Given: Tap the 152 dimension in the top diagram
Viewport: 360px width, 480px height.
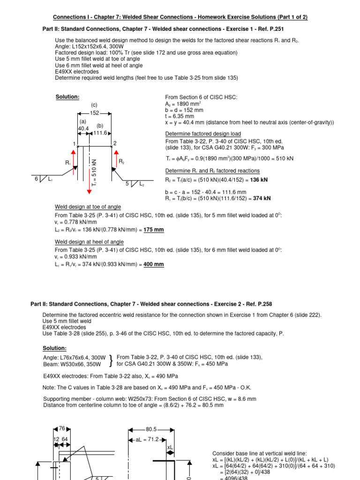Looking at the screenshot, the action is (94, 112).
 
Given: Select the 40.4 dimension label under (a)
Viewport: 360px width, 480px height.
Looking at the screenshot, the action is (83, 128).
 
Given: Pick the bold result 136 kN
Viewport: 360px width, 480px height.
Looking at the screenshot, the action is (261, 180).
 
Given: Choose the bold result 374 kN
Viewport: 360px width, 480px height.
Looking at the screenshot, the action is (262, 198).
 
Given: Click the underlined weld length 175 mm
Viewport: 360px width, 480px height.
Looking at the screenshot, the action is (154, 230).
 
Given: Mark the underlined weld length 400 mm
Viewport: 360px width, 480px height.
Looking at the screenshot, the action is (154, 264).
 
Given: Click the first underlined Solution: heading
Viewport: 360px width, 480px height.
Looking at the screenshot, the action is (67, 97).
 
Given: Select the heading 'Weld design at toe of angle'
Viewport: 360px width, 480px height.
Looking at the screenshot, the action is (88, 207).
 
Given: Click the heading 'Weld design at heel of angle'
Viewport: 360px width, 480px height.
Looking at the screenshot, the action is (89, 242).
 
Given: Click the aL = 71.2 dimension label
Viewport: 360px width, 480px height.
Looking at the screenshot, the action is (149, 440).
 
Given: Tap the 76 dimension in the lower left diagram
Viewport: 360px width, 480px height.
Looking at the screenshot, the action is (62, 428).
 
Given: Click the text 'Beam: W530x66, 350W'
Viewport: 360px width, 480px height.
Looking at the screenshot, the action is (74, 364).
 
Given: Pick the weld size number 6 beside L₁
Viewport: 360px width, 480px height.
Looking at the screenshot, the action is (36, 179).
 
